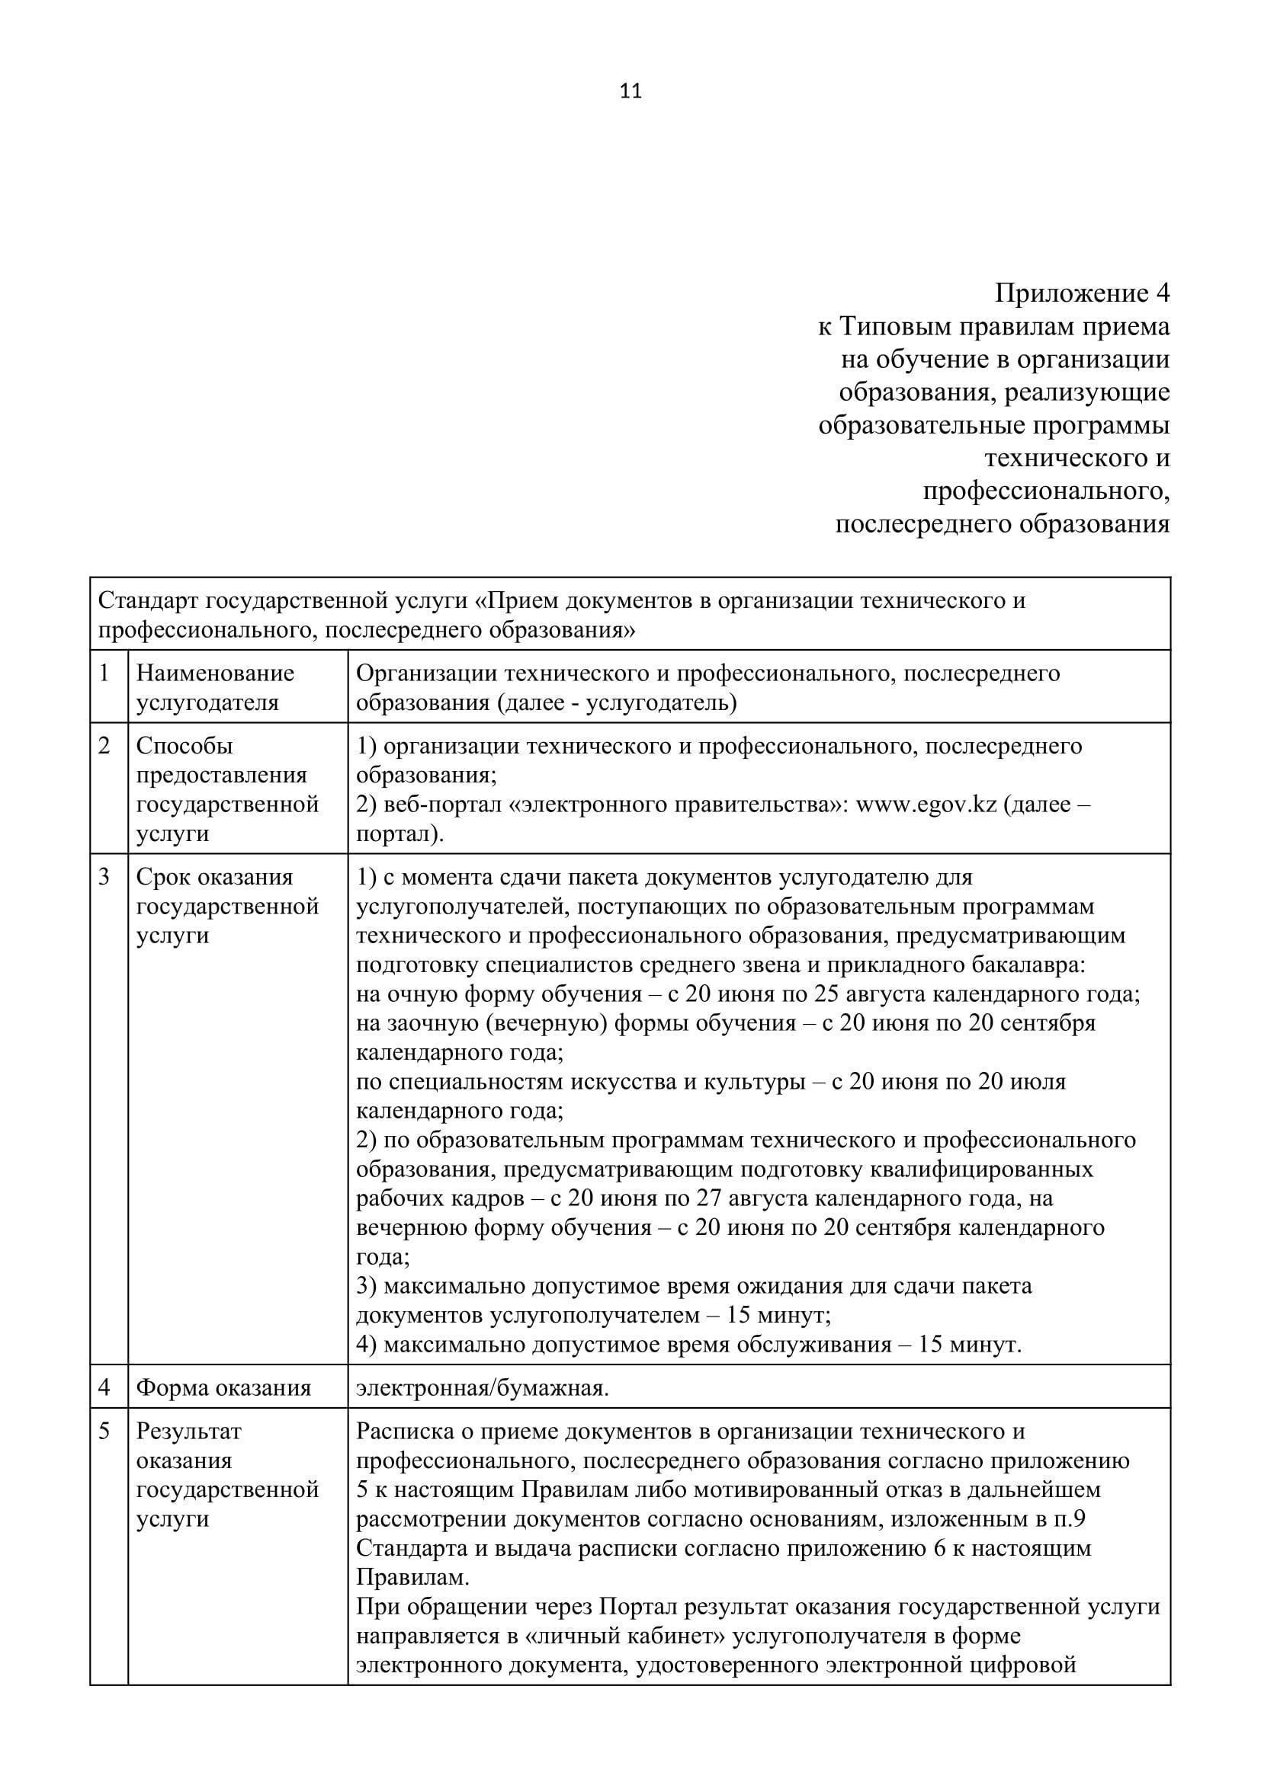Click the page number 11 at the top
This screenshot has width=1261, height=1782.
(630, 91)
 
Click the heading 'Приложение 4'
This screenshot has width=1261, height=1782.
(1082, 293)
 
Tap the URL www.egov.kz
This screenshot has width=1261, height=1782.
(926, 804)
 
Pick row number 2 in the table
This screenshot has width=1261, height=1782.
(104, 745)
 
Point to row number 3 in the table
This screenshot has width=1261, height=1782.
(104, 876)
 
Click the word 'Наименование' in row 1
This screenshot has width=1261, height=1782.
(215, 673)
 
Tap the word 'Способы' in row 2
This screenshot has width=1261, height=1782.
(184, 746)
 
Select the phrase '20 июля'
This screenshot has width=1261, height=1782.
(1022, 1081)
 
